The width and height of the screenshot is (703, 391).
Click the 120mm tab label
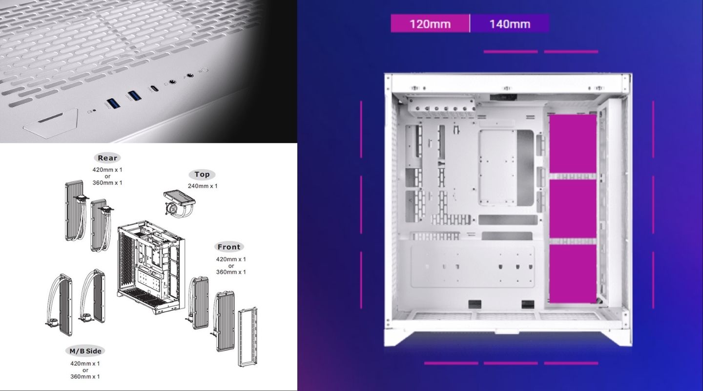click(430, 23)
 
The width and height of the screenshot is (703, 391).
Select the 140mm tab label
click(509, 23)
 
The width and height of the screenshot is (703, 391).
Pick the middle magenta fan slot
click(573, 209)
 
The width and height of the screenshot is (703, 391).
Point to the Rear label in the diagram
click(107, 158)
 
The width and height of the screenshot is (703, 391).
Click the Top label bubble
click(202, 174)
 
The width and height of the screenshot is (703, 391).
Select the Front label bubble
click(229, 247)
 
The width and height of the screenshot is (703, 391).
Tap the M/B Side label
click(85, 351)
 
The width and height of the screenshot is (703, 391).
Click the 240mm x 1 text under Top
click(203, 186)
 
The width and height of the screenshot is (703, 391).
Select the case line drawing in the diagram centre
click(151, 269)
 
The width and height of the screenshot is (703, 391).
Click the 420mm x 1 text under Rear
click(107, 170)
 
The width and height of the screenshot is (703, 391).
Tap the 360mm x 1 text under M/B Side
click(85, 377)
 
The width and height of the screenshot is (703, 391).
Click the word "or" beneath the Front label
click(231, 265)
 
